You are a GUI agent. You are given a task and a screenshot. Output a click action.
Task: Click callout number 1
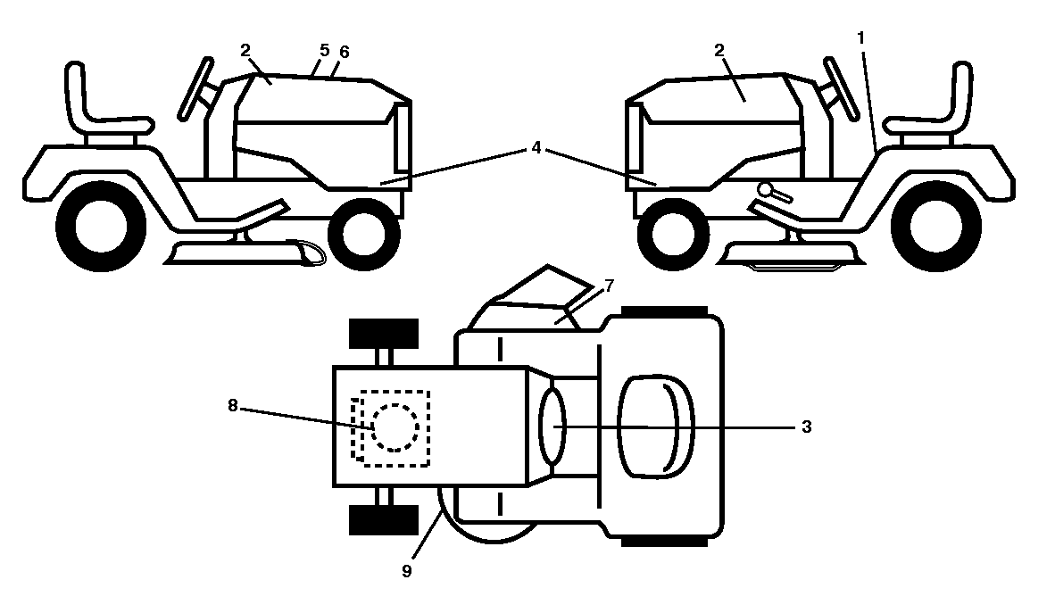click(x=860, y=38)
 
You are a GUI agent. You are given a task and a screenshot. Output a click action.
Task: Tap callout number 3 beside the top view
click(x=807, y=427)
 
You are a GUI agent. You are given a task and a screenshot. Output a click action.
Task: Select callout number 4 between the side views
click(x=536, y=147)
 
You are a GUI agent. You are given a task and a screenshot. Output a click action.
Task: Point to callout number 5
click(x=324, y=50)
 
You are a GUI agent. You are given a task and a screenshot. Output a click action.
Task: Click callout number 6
click(x=344, y=52)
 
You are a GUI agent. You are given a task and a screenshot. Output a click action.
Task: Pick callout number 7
click(x=609, y=286)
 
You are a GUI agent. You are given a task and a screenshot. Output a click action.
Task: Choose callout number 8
click(x=233, y=405)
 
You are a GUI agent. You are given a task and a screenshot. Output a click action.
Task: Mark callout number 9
click(x=406, y=571)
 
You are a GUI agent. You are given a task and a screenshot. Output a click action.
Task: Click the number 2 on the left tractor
click(x=245, y=50)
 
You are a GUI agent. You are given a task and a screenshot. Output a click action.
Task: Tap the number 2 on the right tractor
click(x=719, y=50)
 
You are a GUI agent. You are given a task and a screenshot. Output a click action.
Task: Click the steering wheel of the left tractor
click(x=197, y=88)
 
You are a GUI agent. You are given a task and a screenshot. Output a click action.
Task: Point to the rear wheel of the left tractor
click(x=101, y=226)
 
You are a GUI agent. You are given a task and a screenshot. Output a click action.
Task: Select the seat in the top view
click(x=656, y=427)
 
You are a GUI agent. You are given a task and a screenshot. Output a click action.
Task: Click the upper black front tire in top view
click(x=384, y=334)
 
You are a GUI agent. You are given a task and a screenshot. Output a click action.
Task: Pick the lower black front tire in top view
click(x=384, y=519)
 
